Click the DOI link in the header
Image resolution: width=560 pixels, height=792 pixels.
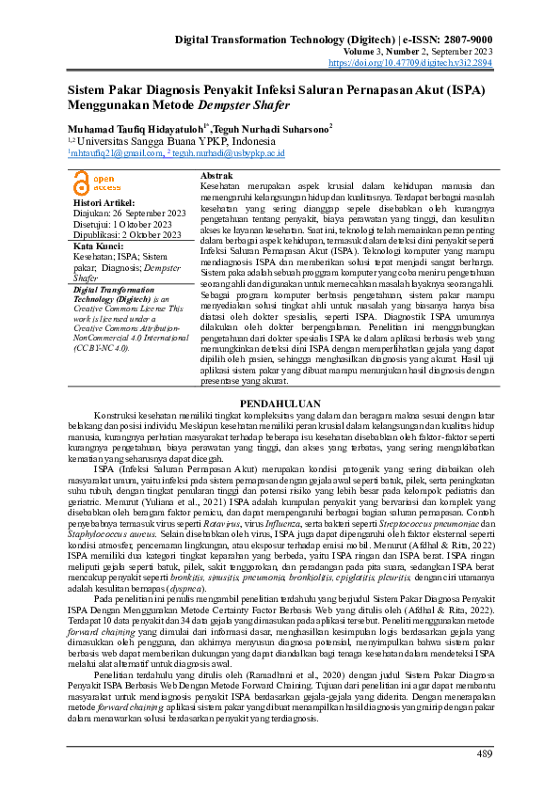coord(424,63)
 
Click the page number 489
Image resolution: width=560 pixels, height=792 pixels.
coord(485,753)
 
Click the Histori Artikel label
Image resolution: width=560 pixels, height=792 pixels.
coord(104,202)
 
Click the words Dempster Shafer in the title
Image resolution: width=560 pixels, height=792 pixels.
coord(245,103)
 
